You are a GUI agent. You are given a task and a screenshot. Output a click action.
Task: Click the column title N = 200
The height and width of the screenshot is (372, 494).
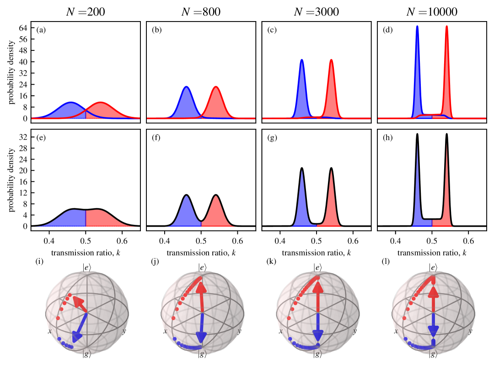pos(86,12)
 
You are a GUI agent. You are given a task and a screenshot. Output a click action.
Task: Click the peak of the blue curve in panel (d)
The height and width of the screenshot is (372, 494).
pos(417,26)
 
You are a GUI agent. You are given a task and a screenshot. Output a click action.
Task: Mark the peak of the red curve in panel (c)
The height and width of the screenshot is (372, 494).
pos(331,60)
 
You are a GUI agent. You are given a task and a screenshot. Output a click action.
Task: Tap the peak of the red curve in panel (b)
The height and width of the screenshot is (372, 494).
pos(215,87)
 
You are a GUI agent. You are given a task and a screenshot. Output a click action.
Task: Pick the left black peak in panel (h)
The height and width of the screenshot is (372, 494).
pos(417,134)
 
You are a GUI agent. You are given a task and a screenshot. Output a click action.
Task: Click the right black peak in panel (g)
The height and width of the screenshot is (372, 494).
pos(331,168)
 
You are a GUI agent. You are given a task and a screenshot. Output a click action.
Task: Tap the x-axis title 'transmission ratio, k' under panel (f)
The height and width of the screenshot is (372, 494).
pos(201,252)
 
